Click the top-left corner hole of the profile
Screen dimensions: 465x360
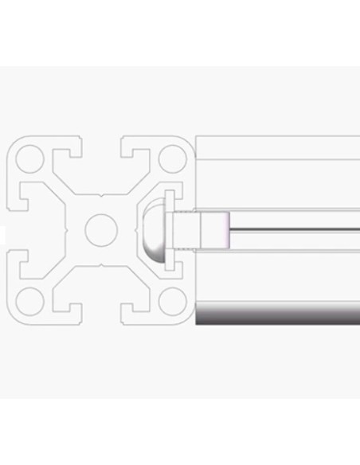coord(29,159)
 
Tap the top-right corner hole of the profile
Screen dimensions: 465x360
coord(170,159)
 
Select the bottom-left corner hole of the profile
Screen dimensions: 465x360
coord(29,300)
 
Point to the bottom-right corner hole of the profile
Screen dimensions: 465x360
coord(170,300)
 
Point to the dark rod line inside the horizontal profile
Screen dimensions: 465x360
coord(295,230)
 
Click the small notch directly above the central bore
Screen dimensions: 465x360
coord(100,195)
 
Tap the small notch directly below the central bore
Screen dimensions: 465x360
coord(100,264)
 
